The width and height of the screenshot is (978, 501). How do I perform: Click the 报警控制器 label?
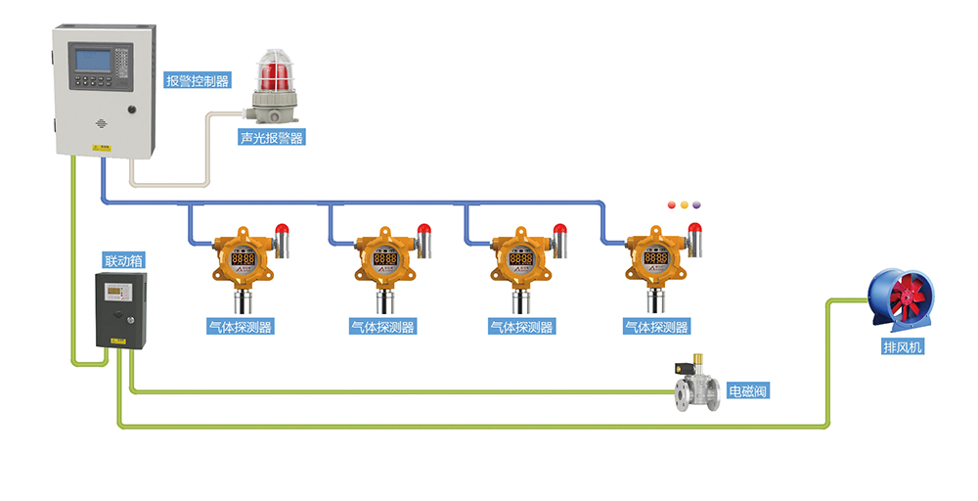coord(198,81)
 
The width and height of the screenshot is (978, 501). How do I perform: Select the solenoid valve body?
coord(696,392)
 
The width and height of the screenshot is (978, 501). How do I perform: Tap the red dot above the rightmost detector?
coord(671,205)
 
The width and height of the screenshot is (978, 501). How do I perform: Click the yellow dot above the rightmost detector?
coord(685,205)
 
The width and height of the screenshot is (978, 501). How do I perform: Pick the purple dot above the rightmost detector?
coord(698,205)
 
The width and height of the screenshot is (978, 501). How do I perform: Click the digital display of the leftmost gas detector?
coord(243,259)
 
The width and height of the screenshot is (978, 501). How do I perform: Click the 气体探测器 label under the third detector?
coord(520,327)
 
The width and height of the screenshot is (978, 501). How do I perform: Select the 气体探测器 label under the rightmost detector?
coord(656,327)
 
